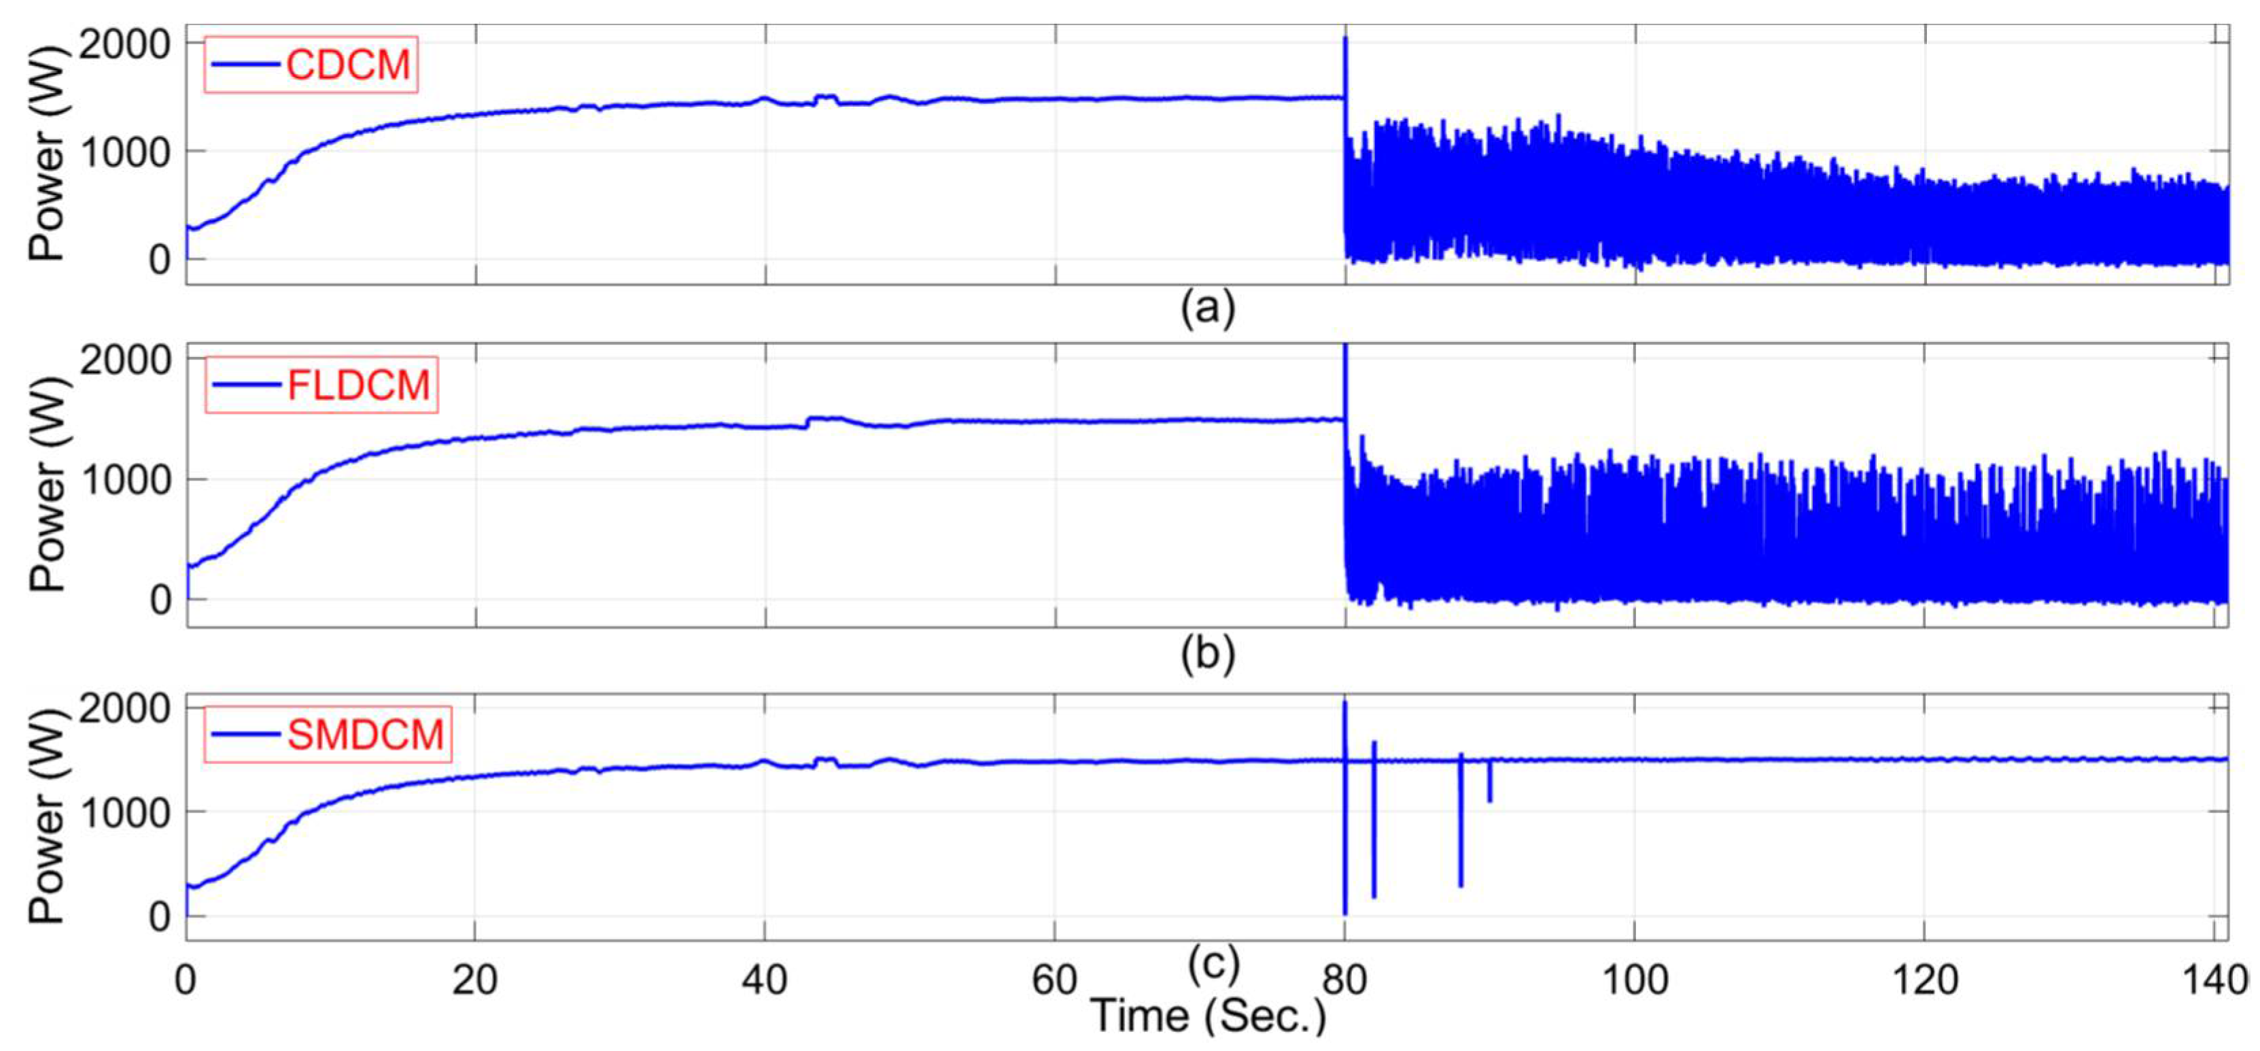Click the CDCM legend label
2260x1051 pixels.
348,65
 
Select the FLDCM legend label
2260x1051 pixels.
359,386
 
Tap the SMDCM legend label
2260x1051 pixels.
365,734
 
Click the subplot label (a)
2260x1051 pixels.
1207,308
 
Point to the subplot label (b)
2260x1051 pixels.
1207,653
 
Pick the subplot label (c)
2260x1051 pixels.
1214,963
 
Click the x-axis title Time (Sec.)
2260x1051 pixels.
1207,1016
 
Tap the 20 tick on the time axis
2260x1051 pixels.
474,979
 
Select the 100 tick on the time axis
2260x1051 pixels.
1635,979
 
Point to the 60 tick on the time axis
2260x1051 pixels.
1054,979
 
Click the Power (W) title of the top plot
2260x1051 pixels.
48,154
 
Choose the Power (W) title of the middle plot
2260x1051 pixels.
48,484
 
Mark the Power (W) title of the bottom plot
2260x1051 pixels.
48,816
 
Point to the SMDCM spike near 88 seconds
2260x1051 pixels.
1461,825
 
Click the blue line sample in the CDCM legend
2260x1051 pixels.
245,65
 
